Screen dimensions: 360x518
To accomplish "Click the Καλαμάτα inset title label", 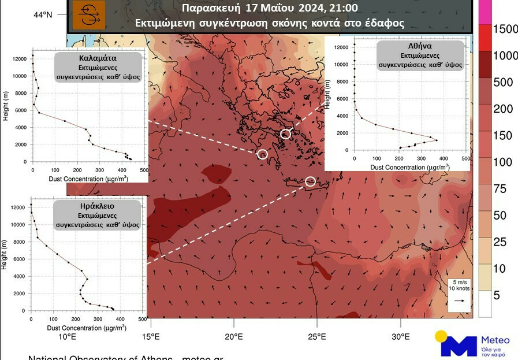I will coord(98,58).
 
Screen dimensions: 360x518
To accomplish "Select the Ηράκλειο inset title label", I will coord(98,206).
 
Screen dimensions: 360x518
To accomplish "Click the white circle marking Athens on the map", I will coord(285,135).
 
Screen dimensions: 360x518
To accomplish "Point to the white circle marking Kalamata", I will coord(262,154).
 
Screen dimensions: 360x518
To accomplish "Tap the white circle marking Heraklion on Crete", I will coord(310,181).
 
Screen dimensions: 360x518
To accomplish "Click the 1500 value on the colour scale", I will coord(504,29).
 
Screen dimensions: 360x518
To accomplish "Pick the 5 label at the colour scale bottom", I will coord(496,296).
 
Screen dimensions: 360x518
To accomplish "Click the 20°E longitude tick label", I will coord(234,336).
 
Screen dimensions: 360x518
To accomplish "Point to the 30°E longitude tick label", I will coord(400,336).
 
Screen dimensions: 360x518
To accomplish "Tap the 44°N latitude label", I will coord(42,14).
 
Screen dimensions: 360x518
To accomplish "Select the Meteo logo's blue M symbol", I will coord(459,346).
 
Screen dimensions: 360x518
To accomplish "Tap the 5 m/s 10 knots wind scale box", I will coord(459,293).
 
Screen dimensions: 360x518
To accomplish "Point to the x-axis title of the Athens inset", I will coord(410,167).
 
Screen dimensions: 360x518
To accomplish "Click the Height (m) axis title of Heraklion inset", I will coord(5,255).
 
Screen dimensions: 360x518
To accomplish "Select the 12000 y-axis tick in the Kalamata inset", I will coord(20,59).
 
